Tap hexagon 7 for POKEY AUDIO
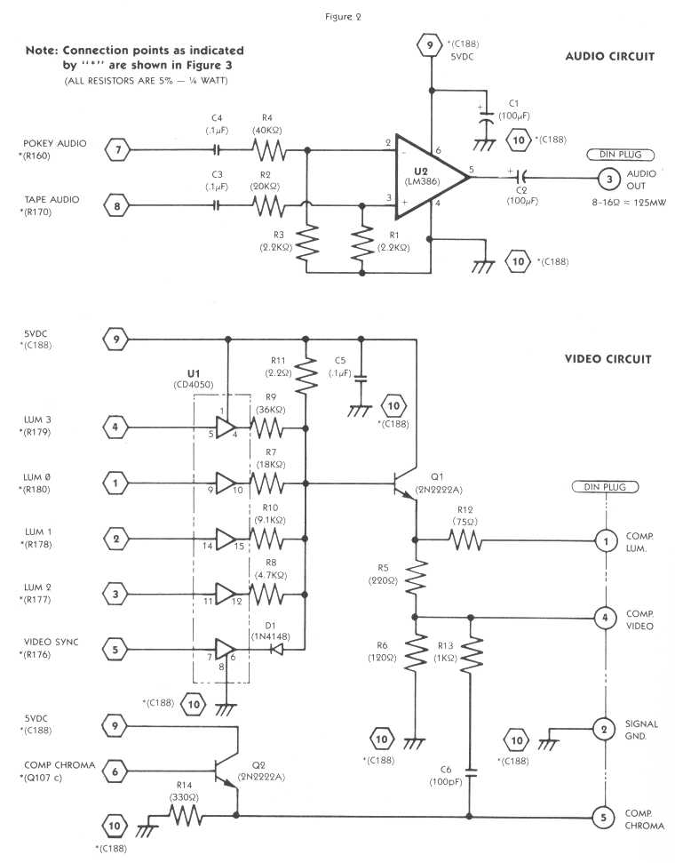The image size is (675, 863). (115, 151)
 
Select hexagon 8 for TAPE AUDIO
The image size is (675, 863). (115, 206)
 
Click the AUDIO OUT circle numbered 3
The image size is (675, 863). (605, 178)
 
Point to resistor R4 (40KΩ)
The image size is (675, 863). (269, 151)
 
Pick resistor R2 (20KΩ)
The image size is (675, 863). (269, 206)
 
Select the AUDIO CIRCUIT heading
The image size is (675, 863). (609, 56)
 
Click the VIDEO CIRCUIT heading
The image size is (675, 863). (608, 359)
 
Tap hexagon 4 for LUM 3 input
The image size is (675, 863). (115, 427)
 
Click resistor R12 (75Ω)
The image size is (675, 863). (462, 539)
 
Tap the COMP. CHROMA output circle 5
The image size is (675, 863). (604, 815)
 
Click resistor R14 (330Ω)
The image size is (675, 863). (182, 815)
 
